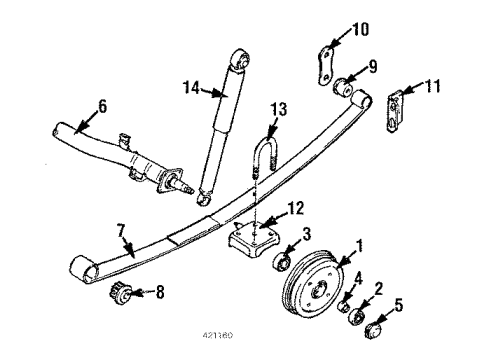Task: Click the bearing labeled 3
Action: tap(283, 264)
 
